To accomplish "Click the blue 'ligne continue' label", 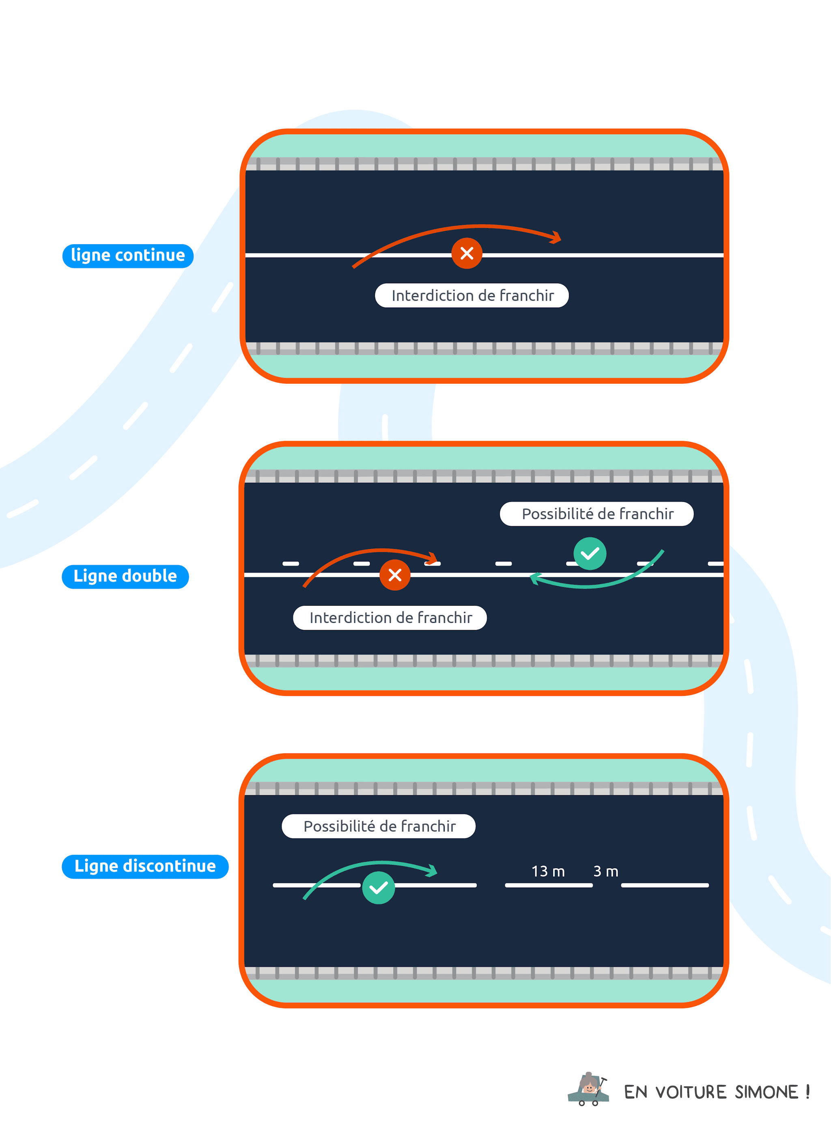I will pyautogui.click(x=128, y=256).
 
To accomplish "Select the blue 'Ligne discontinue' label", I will pyautogui.click(x=145, y=866).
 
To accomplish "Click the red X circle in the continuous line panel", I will pyautogui.click(x=466, y=253).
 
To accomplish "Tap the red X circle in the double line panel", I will pyautogui.click(x=395, y=574).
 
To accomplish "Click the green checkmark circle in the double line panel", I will pyautogui.click(x=590, y=554).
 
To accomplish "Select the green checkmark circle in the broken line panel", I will pyautogui.click(x=378, y=888).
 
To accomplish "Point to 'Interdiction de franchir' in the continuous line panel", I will pyautogui.click(x=472, y=295).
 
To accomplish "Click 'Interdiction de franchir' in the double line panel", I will pyautogui.click(x=390, y=617).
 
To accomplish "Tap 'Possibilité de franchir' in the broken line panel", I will pyautogui.click(x=379, y=826).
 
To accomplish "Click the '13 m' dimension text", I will pyautogui.click(x=548, y=871).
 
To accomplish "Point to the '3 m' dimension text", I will pyautogui.click(x=606, y=871).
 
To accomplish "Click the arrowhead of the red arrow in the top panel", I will pyautogui.click(x=556, y=237).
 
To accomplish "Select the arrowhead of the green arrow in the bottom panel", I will pyautogui.click(x=432, y=871).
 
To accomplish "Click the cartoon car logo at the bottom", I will pyautogui.click(x=588, y=1089).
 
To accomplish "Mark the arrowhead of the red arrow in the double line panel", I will pyautogui.click(x=433, y=558).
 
